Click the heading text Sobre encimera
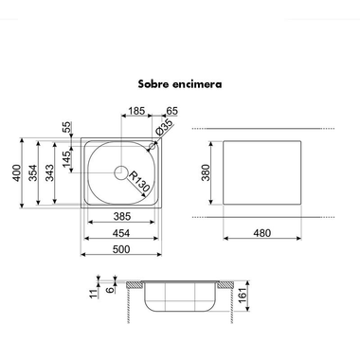pyautogui.click(x=180, y=84)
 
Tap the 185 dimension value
pyautogui.click(x=136, y=111)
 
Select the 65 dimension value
pyautogui.click(x=171, y=111)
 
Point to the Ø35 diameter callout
pyautogui.click(x=164, y=128)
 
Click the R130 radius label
pyautogui.click(x=139, y=181)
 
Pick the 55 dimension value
pyautogui.click(x=67, y=127)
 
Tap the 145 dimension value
pyautogui.click(x=67, y=160)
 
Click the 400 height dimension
pyautogui.click(x=16, y=172)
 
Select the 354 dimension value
pyautogui.click(x=33, y=172)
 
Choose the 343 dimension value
pyautogui.click(x=50, y=172)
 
